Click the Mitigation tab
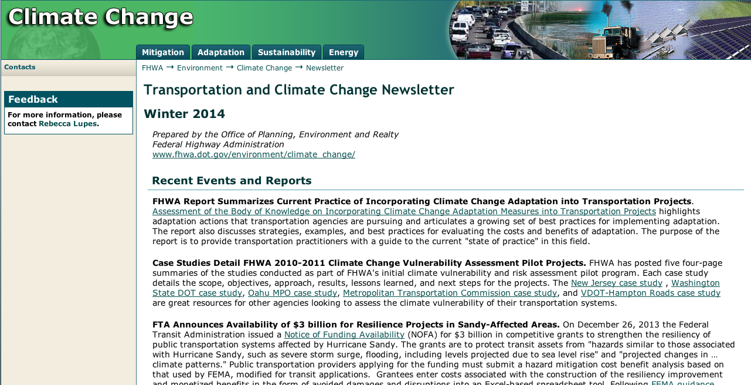pyautogui.click(x=163, y=52)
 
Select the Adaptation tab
pyautogui.click(x=221, y=52)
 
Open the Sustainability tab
pyautogui.click(x=287, y=52)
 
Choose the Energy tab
pyautogui.click(x=344, y=52)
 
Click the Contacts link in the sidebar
pyautogui.click(x=20, y=67)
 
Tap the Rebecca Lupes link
pyautogui.click(x=67, y=124)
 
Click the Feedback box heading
pyautogui.click(x=33, y=99)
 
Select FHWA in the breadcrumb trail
pyautogui.click(x=152, y=68)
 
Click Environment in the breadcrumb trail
pyautogui.click(x=200, y=68)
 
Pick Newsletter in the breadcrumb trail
pyautogui.click(x=325, y=68)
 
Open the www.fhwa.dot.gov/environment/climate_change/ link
pyautogui.click(x=254, y=154)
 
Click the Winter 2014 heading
pyautogui.click(x=184, y=114)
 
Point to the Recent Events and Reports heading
pyautogui.click(x=232, y=181)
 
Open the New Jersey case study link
pyautogui.click(x=617, y=283)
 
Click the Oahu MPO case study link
pyautogui.click(x=293, y=293)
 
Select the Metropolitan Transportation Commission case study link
pyautogui.click(x=450, y=293)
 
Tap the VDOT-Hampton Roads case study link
pyautogui.click(x=651, y=293)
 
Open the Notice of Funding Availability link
pyautogui.click(x=344, y=335)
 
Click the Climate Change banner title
pyautogui.click(x=100, y=17)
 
